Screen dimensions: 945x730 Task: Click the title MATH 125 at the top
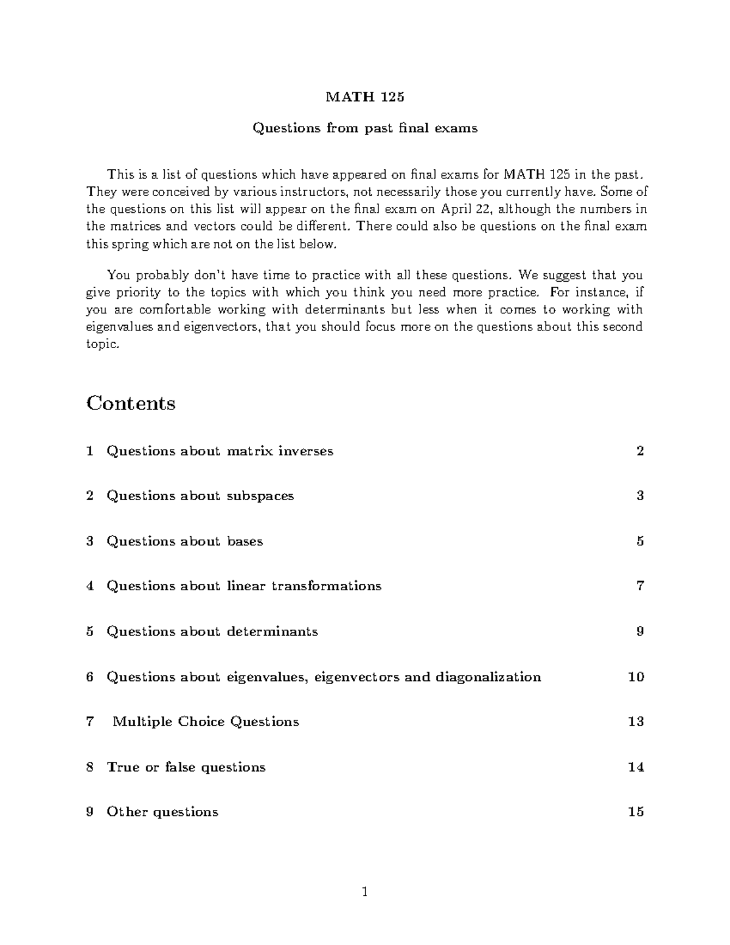365,97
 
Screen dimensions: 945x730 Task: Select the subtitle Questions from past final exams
365,128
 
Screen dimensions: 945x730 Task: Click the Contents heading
131,403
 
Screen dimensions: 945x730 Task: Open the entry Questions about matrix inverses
220,451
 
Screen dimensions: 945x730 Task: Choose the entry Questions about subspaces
200,496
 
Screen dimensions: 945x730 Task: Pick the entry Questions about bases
185,541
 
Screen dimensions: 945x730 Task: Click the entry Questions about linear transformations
244,586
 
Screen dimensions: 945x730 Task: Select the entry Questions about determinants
212,632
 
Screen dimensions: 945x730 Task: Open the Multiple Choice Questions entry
206,722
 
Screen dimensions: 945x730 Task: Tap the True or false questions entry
186,767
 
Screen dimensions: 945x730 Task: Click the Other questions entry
162,812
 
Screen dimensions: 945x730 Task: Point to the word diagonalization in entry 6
488,677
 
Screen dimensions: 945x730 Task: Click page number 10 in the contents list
636,677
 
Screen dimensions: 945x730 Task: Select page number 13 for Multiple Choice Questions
636,722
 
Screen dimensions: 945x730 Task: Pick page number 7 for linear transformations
640,586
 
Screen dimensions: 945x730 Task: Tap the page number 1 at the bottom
365,893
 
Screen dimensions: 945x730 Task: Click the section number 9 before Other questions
90,812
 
